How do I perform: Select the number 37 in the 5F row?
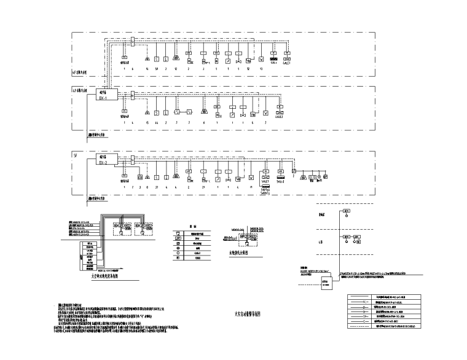click(157, 186)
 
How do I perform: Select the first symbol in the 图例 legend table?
click(178, 234)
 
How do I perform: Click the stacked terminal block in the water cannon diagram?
click(88, 254)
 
